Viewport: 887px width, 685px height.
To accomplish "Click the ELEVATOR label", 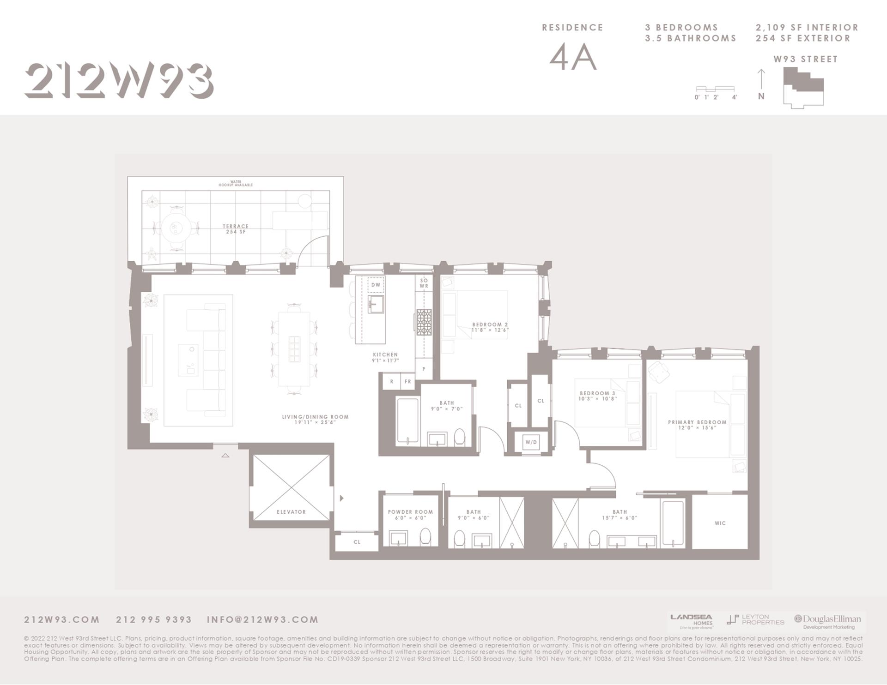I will click(x=291, y=512).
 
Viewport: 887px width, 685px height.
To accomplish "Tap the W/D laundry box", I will click(x=531, y=442).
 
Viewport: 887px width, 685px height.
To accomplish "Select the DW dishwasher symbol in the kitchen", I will click(x=376, y=285).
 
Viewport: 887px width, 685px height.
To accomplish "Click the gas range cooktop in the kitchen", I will click(x=424, y=322).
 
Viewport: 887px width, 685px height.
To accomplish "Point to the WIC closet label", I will click(x=720, y=523).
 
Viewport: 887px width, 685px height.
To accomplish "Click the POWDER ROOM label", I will click(x=410, y=512).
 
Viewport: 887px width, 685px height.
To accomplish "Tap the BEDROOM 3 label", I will click(x=597, y=393).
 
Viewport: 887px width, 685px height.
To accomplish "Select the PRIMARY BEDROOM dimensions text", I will click(x=697, y=428).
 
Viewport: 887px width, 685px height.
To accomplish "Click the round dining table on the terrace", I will click(x=175, y=228).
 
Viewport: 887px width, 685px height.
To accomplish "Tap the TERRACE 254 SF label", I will click(x=236, y=229).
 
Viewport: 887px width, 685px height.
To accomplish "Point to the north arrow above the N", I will click(x=761, y=78).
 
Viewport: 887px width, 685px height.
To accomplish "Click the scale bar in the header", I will click(x=715, y=89).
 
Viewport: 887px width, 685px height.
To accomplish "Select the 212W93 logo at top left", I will click(x=119, y=80).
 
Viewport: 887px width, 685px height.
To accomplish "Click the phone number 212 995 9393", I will click(x=153, y=619).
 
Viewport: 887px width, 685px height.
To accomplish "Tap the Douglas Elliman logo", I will click(x=827, y=621).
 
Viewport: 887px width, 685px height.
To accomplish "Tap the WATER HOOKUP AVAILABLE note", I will click(x=236, y=183).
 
